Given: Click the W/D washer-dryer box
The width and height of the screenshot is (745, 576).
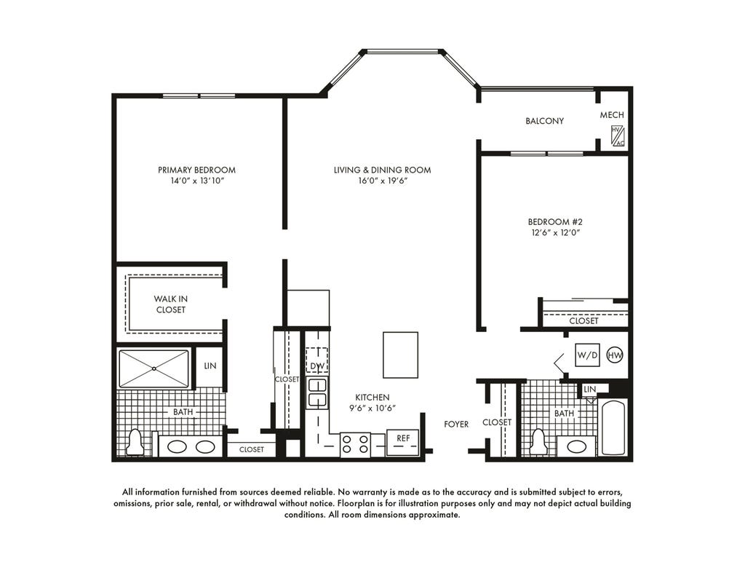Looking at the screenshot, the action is pyautogui.click(x=587, y=355).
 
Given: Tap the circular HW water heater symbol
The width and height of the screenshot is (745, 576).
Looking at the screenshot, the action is pyautogui.click(x=615, y=355).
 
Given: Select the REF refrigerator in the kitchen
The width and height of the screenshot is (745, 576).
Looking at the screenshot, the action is pyautogui.click(x=403, y=443).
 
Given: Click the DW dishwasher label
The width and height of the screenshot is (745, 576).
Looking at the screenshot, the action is pyautogui.click(x=317, y=366).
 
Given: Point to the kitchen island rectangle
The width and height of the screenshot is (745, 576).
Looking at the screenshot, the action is pyautogui.click(x=401, y=355).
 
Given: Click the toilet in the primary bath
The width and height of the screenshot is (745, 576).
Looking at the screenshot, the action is pyautogui.click(x=135, y=442).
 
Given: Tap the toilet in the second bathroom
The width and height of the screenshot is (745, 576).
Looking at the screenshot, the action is pyautogui.click(x=539, y=442).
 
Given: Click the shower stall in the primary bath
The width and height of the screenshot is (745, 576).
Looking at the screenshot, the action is pyautogui.click(x=154, y=368).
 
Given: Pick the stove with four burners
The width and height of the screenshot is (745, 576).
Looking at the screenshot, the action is pyautogui.click(x=355, y=445).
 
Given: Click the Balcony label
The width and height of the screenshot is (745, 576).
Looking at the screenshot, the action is pyautogui.click(x=544, y=121).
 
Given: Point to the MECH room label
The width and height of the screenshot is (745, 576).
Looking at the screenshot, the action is pyautogui.click(x=612, y=115).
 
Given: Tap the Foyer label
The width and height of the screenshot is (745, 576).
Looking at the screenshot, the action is pyautogui.click(x=456, y=424).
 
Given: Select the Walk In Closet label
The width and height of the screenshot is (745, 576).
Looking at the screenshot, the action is pyautogui.click(x=170, y=304).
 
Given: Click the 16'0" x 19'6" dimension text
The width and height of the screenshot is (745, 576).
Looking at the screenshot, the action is pyautogui.click(x=382, y=181).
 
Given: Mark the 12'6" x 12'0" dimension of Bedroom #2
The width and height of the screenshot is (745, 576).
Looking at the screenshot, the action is pyautogui.click(x=555, y=232).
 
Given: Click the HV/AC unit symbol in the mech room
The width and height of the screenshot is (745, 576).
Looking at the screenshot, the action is pyautogui.click(x=618, y=136).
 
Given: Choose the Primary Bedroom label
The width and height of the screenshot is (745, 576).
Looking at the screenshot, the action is pyautogui.click(x=196, y=170).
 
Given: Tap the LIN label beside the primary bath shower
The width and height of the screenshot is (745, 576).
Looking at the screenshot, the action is pyautogui.click(x=210, y=366).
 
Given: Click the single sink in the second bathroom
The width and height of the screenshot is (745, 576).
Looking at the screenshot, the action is pyautogui.click(x=577, y=446).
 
